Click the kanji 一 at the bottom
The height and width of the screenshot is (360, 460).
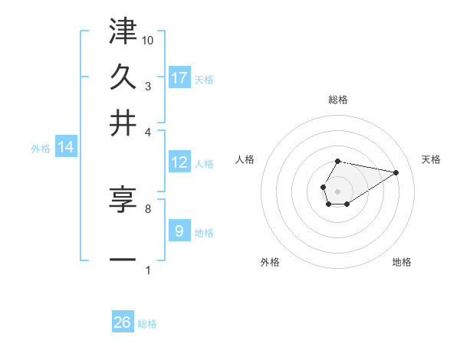[x=123, y=259]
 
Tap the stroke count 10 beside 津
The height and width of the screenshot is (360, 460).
[x=148, y=39]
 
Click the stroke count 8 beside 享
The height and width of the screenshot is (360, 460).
[x=147, y=208]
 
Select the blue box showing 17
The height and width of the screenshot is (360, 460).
[x=179, y=77]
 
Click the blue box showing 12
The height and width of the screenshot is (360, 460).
[x=179, y=162]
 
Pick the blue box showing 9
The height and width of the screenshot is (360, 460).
[x=179, y=231]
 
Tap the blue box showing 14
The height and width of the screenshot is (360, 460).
[x=66, y=147]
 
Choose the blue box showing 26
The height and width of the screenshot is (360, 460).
[x=123, y=322]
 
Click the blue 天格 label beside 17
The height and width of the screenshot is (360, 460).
[x=204, y=79]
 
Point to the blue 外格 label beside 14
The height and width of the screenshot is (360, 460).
[x=41, y=149]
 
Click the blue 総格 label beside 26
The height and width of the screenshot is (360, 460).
[x=147, y=324]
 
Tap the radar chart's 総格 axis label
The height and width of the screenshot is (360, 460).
[x=337, y=100]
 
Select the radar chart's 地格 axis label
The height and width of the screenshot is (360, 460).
[x=402, y=262]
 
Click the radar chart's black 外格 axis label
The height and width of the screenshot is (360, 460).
[x=270, y=262]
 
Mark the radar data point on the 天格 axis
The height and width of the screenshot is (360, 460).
[x=396, y=172]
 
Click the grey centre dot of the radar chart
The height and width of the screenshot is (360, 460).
[x=337, y=190]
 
